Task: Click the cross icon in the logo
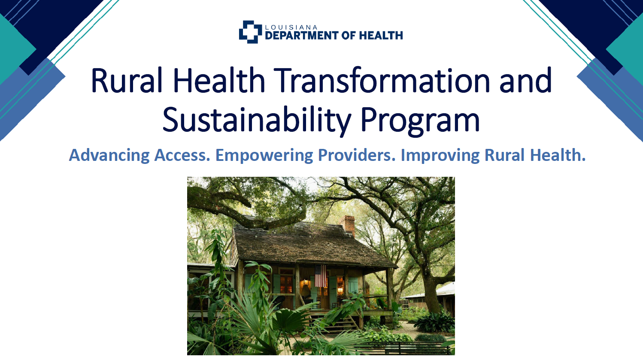(x=250, y=32)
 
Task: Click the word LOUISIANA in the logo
(x=291, y=27)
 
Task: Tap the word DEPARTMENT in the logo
(x=302, y=36)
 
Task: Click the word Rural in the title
(x=127, y=80)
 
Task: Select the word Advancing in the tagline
(x=109, y=155)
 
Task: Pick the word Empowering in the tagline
(x=264, y=155)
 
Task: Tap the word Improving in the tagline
(x=440, y=155)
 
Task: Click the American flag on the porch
(x=321, y=276)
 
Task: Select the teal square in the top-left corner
(x=14, y=49)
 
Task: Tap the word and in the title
(x=525, y=80)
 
